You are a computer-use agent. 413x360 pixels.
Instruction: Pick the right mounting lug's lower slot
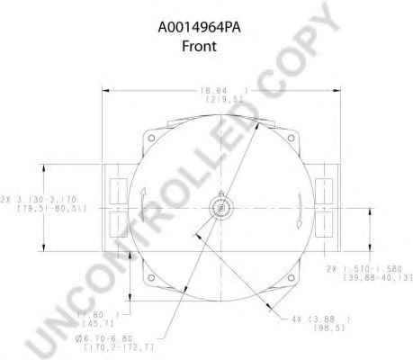point(324,221)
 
